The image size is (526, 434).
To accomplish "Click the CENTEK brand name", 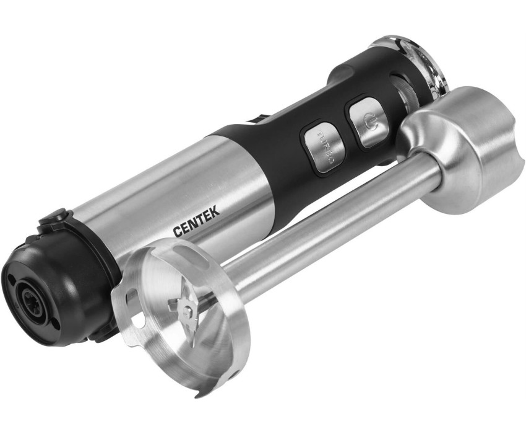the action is coord(197,221).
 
